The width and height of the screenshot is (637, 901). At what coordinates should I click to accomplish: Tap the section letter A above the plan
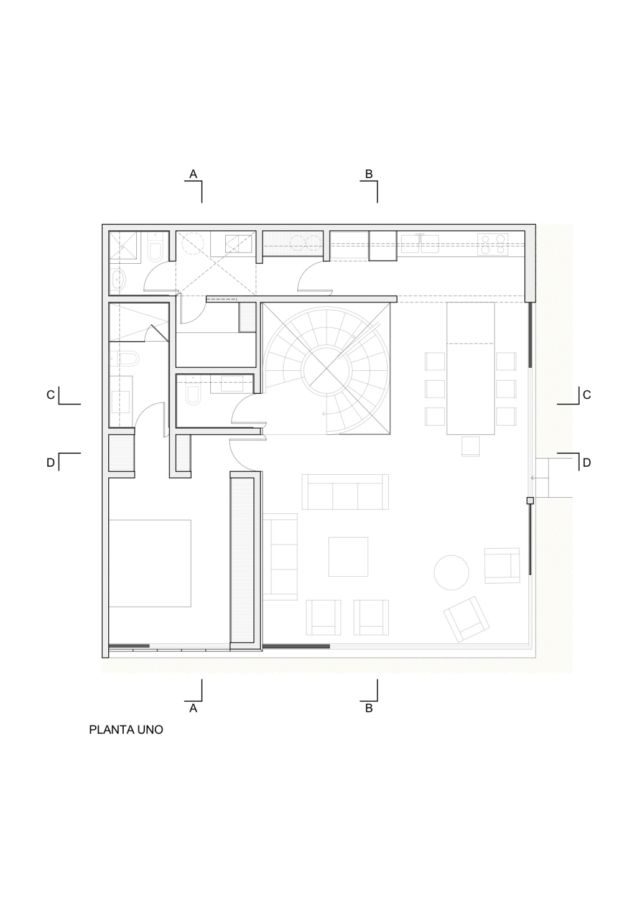coord(193,174)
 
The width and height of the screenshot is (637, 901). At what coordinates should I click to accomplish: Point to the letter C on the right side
coord(587,395)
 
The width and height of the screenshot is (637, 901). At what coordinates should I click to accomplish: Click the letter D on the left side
coord(50,463)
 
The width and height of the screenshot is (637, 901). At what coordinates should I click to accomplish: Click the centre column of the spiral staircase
coord(326,369)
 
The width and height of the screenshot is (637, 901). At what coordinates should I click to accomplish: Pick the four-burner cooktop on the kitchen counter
coord(493,245)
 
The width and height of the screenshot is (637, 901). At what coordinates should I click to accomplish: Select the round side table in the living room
coord(451,573)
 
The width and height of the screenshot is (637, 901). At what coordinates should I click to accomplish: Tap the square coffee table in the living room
coord(348,557)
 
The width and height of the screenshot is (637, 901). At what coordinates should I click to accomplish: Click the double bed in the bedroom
coord(150,563)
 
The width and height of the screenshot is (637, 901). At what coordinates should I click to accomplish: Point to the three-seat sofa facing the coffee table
coord(345,492)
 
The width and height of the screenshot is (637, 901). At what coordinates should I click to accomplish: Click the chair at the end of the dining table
coord(470,446)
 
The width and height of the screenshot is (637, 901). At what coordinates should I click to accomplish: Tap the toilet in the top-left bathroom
coord(156,246)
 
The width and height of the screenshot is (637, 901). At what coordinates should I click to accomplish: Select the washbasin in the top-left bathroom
coord(118,279)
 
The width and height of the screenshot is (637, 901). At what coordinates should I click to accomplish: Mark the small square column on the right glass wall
coord(530,500)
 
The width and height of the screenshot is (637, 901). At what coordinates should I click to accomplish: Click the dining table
coord(470,368)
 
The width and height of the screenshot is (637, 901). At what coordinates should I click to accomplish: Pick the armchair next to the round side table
coord(502,565)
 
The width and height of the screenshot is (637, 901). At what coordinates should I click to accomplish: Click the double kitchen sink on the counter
coord(420,243)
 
